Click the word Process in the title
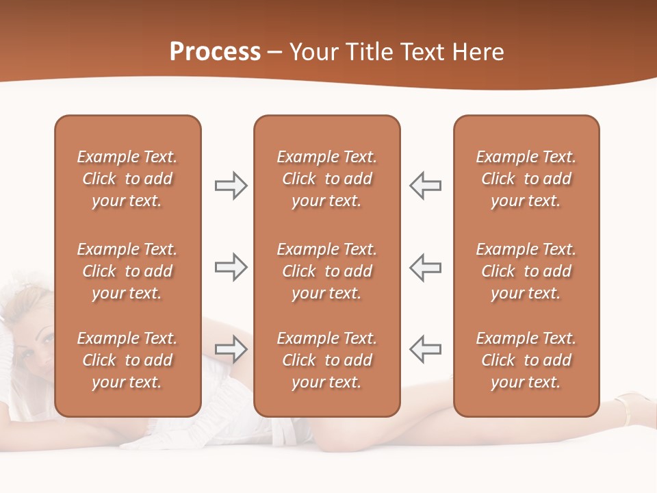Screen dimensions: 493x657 215,52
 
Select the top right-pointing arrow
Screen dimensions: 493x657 231,186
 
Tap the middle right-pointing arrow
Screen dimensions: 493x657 231,267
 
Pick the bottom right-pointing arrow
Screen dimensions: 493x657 231,349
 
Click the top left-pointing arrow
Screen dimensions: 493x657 426,186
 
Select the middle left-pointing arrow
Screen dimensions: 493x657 426,267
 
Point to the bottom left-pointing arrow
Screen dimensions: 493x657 426,349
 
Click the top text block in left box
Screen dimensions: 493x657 127,179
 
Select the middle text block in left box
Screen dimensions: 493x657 127,271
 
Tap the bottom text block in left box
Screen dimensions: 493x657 127,360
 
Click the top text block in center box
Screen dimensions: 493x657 327,179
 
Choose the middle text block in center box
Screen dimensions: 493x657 327,271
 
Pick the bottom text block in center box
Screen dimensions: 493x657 327,360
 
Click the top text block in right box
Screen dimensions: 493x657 526,179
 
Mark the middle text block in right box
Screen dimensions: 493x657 526,271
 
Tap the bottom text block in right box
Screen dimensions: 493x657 526,360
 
